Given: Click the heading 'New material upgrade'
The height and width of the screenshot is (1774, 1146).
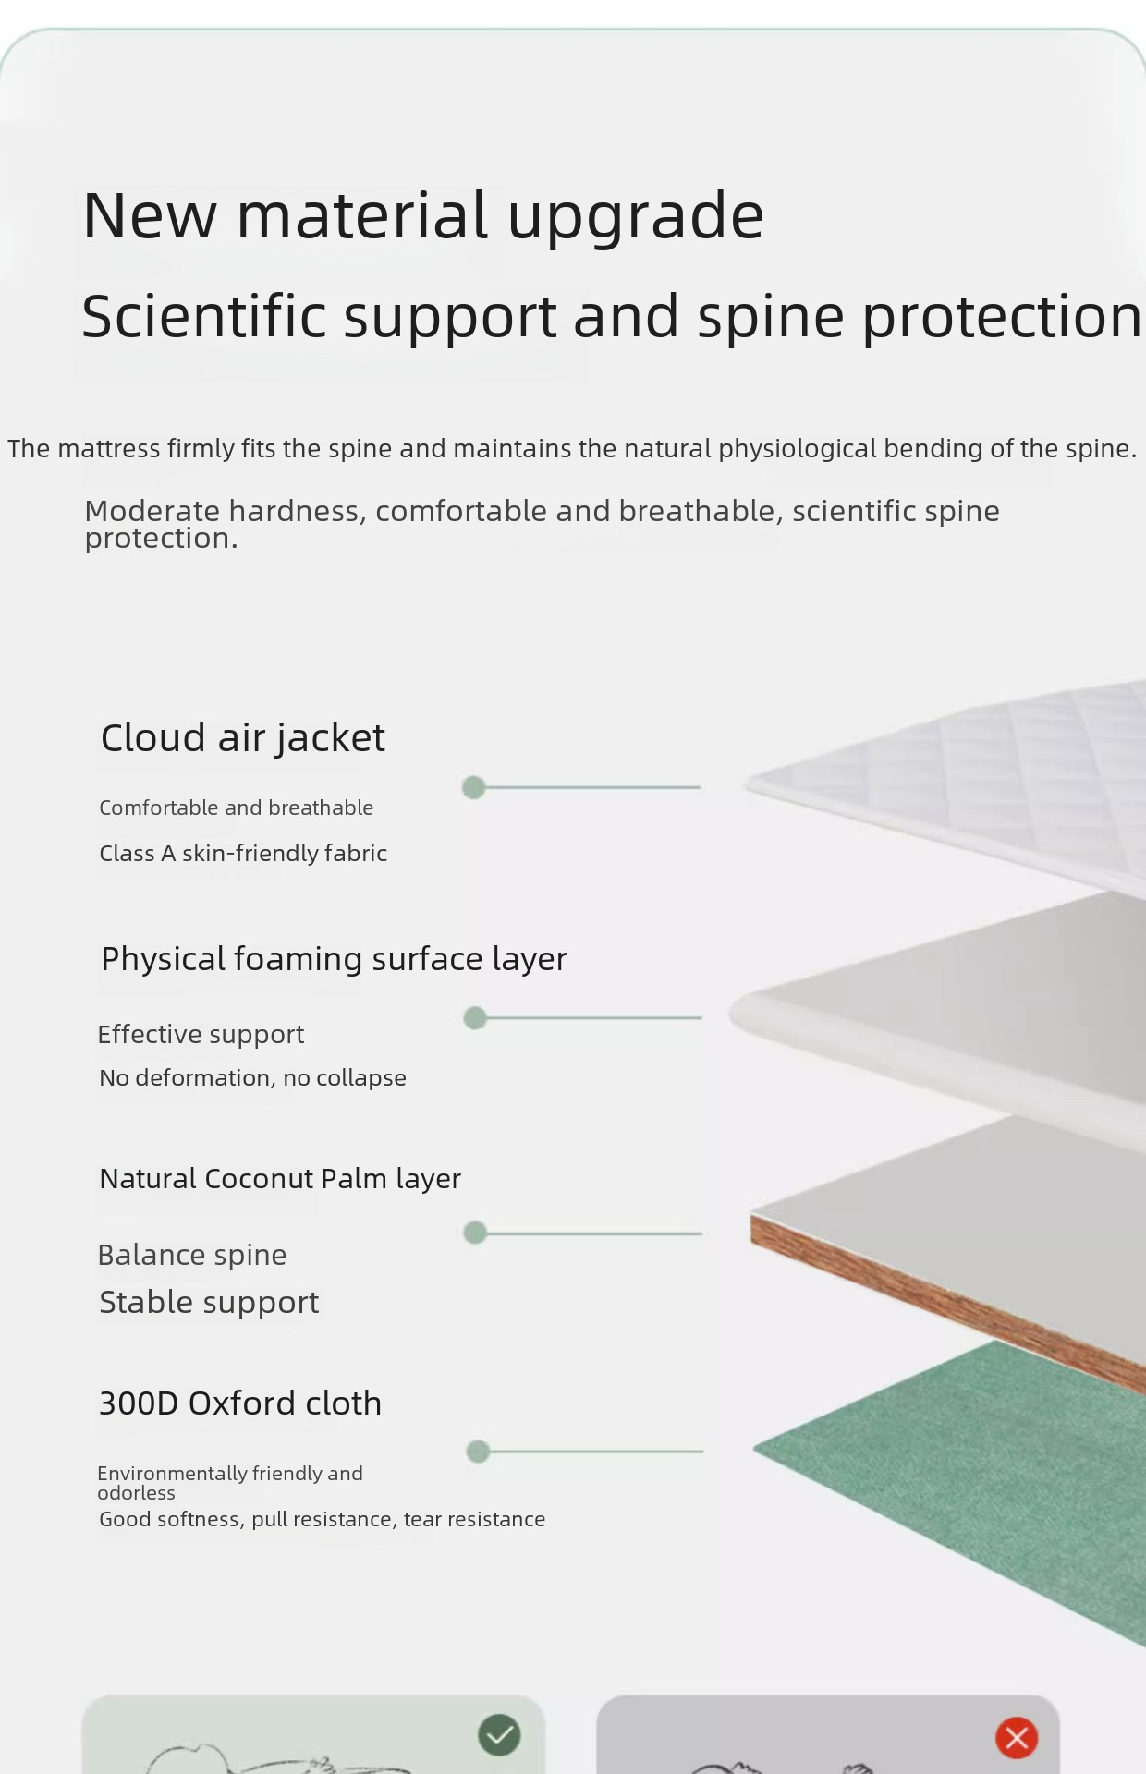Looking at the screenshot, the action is point(423,215).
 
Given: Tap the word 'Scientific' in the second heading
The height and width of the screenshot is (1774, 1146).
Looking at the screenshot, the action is point(203,316).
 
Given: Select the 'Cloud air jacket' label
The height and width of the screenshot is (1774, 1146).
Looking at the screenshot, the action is point(242,737).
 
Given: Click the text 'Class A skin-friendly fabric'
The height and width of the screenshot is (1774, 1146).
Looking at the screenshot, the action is point(243,853).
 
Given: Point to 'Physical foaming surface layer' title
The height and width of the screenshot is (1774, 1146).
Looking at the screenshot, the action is point(334,959).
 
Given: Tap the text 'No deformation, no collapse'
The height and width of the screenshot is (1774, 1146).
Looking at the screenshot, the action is point(252,1077).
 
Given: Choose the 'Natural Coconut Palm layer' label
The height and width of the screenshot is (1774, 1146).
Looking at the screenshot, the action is point(280,1179).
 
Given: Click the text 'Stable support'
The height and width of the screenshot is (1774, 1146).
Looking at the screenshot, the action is point(209,1302).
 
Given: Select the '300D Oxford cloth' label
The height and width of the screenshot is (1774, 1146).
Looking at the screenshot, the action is point(240,1403).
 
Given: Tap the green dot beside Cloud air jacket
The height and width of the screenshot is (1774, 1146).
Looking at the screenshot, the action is point(473,787).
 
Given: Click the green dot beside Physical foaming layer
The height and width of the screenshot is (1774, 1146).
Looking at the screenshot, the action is point(475,1018).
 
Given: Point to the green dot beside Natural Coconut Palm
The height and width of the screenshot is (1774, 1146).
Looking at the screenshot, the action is point(475,1233).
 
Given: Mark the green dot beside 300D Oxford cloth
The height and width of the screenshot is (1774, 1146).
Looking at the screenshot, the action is point(478,1452).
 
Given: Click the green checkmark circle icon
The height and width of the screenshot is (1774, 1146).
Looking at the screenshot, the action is point(499,1735).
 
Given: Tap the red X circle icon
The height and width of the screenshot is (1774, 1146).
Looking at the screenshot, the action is point(1017,1738).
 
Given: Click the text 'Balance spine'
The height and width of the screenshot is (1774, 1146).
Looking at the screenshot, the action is point(192,1255).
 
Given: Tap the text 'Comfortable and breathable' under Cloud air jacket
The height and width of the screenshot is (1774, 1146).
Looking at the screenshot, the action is point(237,808).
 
